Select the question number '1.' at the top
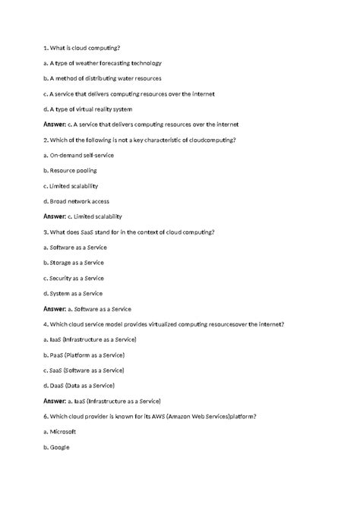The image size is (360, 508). tap(47, 47)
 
